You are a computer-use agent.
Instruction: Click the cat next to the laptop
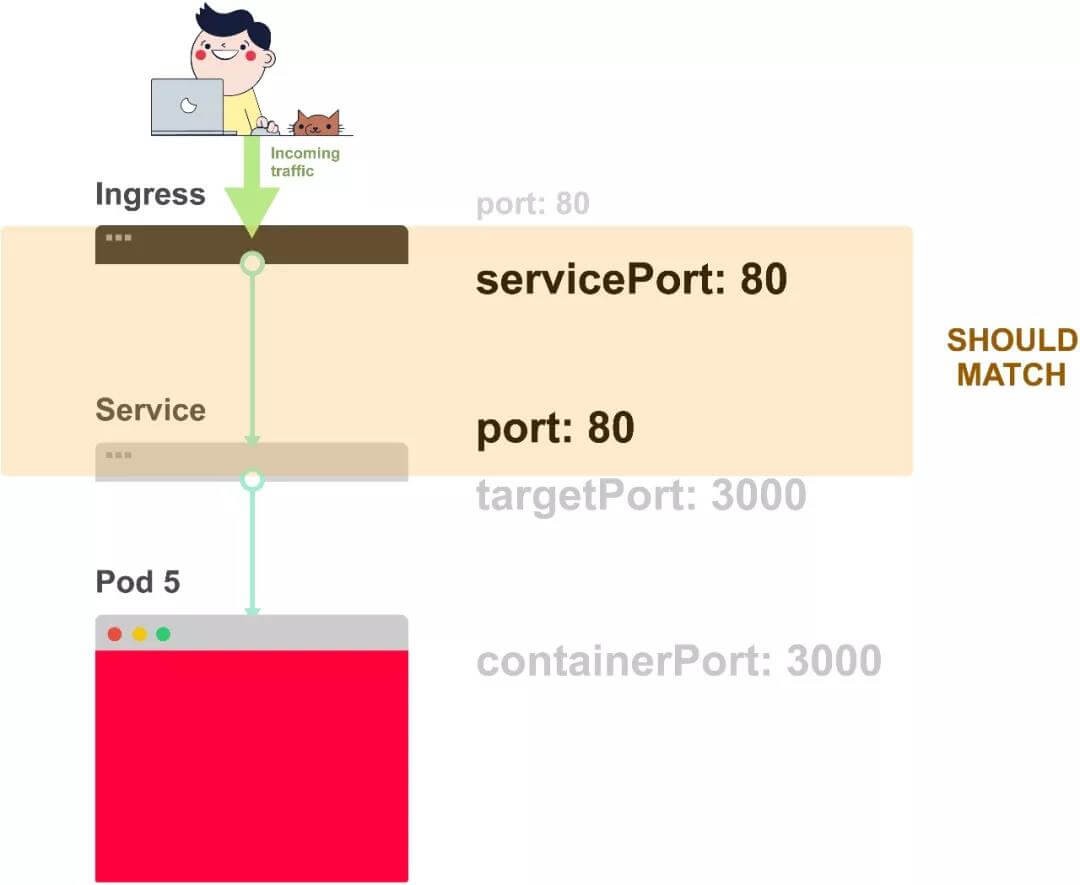317,123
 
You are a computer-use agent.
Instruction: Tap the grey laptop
187,106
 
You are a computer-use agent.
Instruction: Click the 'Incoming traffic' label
304,162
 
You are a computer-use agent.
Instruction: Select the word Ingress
150,194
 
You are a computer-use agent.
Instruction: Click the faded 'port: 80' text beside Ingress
532,204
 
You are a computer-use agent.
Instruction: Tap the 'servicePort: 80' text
631,280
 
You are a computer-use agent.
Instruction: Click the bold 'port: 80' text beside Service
555,428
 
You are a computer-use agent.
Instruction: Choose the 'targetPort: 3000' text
641,495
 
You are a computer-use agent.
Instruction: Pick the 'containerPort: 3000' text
678,661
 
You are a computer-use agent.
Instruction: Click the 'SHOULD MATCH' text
1011,357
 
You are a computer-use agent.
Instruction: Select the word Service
150,410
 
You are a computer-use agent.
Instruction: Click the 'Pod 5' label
138,582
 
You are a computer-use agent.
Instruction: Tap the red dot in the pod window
115,634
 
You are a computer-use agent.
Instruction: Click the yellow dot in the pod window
139,634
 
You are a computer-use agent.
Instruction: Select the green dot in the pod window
163,634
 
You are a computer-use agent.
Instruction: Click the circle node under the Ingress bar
253,264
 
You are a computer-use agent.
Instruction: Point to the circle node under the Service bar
253,480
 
